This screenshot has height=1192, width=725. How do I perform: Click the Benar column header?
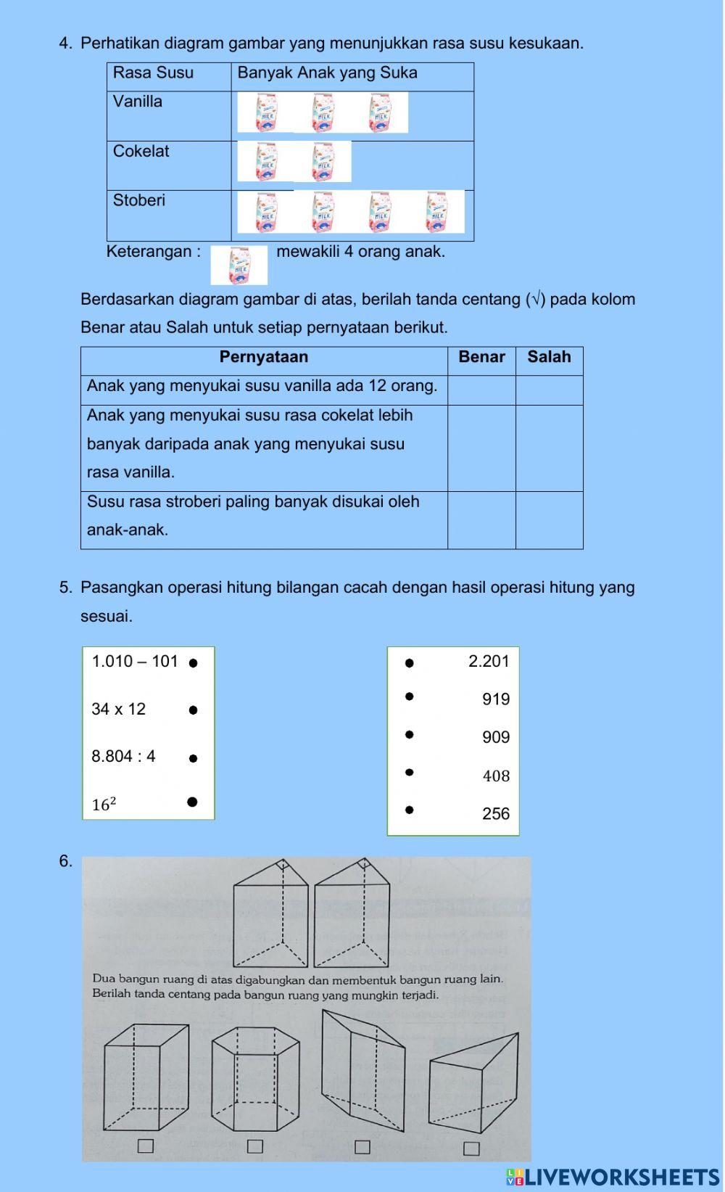pos(481,357)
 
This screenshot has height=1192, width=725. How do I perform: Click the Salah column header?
pos(549,357)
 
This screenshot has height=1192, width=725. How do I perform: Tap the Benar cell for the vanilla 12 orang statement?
pos(481,390)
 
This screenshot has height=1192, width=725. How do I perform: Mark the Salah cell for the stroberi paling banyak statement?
pos(549,519)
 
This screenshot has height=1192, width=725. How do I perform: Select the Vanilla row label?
pos(138,102)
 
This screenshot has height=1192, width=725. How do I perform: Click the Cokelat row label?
pos(141,152)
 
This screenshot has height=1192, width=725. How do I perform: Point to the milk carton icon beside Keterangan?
pos(239,265)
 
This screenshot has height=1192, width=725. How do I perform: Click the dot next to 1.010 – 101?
pos(193,662)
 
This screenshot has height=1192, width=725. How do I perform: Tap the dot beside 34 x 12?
pos(193,710)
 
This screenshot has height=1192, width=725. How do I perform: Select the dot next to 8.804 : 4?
pos(193,758)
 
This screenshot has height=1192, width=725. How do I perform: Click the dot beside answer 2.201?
pos(410,662)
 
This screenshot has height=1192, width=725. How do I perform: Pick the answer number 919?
pos(496,699)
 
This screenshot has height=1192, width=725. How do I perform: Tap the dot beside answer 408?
pos(410,772)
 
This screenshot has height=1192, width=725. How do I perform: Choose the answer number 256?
pos(496,814)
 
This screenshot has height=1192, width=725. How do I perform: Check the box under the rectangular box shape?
pos(146,1146)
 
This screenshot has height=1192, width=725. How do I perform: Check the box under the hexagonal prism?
pos(254,1146)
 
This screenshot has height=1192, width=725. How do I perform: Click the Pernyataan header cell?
pos(264,357)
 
